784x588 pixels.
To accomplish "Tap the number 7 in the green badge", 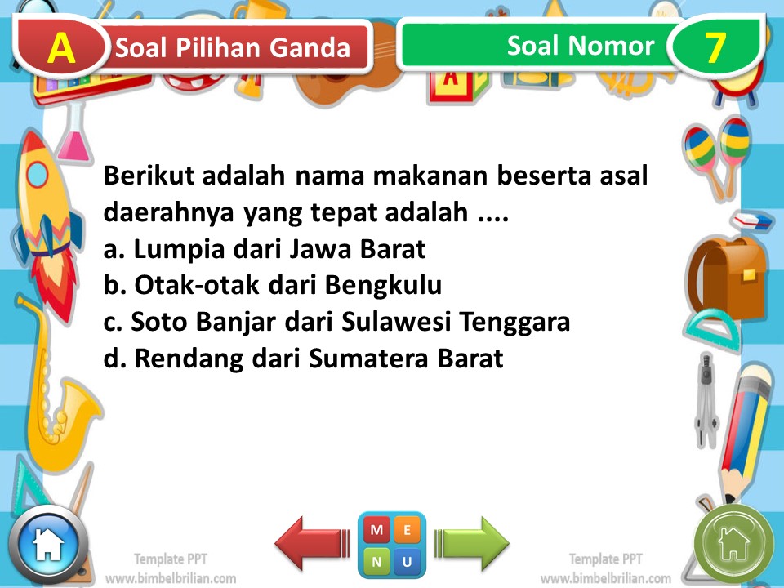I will pos(715,48).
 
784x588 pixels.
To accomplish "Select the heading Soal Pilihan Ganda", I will pos(233,48).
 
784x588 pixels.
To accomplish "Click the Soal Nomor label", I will pos(580,46).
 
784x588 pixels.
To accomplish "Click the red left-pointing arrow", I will pos(311,544).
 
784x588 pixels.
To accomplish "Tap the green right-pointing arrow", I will pos(472,544).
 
